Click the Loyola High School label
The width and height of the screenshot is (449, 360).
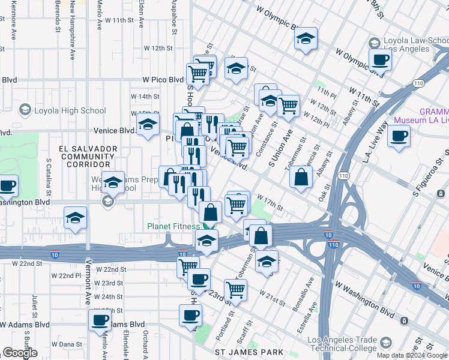[x=70, y=110]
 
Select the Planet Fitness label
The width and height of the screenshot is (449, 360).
[x=174, y=226]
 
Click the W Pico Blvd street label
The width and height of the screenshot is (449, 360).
[x=163, y=79]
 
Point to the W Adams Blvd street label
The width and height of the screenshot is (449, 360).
[x=34, y=324]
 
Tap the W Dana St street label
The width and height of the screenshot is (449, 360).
[x=66, y=344]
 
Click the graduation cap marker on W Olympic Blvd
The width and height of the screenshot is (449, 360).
[x=306, y=40]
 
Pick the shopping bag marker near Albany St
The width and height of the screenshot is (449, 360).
[x=301, y=176]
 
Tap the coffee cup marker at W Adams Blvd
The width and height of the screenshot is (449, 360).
[x=100, y=319]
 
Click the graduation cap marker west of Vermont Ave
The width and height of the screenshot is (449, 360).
[x=76, y=218]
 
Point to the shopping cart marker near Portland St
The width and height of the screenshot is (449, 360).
[x=236, y=290]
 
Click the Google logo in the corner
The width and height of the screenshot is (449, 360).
[x=20, y=353]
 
